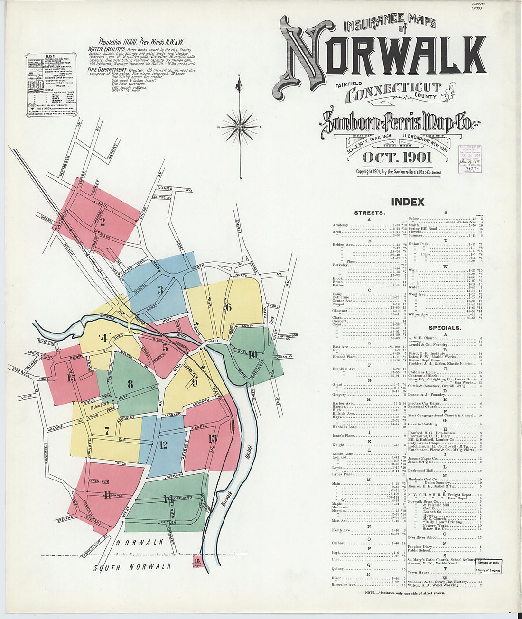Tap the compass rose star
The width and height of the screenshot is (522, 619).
click(240, 127)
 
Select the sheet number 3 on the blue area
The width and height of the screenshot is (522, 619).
click(160, 290)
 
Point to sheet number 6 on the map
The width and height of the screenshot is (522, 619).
click(228, 307)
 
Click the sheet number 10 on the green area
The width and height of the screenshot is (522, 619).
click(252, 354)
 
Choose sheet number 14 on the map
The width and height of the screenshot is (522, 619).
click(168, 499)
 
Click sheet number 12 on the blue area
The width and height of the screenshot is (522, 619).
click(163, 445)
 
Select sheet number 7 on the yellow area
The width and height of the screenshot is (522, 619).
click(107, 431)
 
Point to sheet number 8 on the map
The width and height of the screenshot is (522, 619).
click(130, 384)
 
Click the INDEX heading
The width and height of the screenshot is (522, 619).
click(407, 202)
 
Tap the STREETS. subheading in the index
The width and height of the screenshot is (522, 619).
click(369, 213)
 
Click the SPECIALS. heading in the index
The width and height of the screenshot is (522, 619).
click(445, 328)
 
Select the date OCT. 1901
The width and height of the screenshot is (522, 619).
click(397, 157)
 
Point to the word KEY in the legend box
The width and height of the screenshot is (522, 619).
click(50, 56)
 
